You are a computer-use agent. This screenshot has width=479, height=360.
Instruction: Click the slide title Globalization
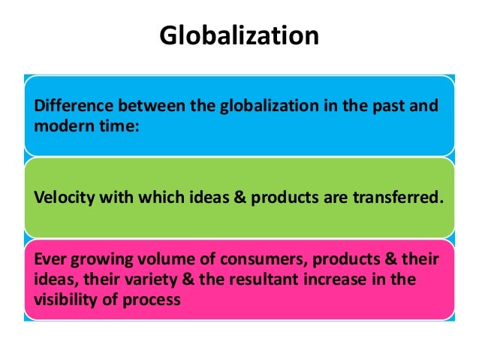click(x=239, y=35)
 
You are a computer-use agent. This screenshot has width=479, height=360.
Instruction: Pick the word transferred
click(x=402, y=198)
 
